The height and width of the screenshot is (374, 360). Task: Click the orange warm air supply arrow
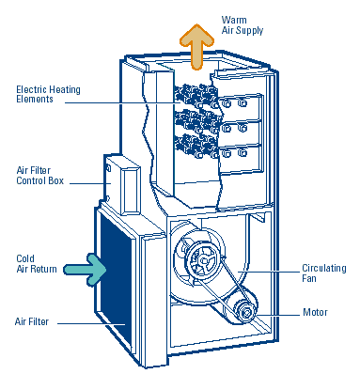click(x=196, y=47)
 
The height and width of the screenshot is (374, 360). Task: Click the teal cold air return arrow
click(x=86, y=270)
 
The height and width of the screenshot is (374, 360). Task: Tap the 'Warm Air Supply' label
click(x=243, y=25)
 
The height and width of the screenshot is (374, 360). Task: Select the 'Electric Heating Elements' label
click(x=48, y=94)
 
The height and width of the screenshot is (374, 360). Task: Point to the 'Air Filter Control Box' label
click(x=39, y=176)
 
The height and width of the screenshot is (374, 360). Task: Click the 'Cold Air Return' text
click(x=37, y=264)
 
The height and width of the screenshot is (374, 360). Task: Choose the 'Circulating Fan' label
click(x=324, y=273)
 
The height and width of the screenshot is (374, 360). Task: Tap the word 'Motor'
click(x=315, y=312)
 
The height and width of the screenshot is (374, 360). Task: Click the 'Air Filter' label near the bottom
click(x=32, y=321)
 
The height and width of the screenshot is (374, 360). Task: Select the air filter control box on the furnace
click(x=122, y=185)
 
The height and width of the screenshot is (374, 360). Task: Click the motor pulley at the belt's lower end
click(x=246, y=311)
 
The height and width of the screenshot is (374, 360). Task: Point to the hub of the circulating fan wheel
click(x=204, y=259)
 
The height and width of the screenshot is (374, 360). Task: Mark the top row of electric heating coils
click(x=196, y=97)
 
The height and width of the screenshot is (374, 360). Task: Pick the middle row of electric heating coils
click(x=196, y=121)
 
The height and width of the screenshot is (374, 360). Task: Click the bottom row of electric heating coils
click(x=196, y=146)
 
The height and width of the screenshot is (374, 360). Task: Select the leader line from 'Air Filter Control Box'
click(x=90, y=183)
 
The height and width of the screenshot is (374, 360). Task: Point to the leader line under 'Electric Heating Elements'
click(x=122, y=102)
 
